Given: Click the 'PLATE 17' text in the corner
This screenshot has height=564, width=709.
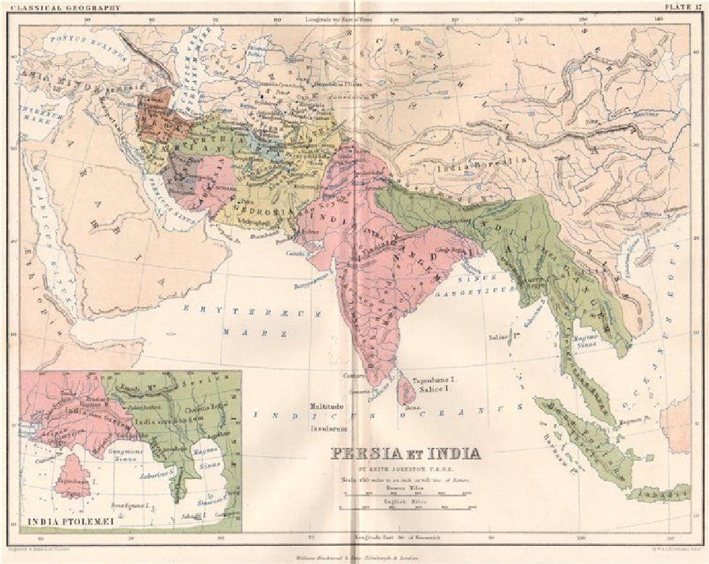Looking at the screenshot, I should click(x=685, y=8).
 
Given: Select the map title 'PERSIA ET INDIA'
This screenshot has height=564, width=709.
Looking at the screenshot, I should click(x=407, y=453).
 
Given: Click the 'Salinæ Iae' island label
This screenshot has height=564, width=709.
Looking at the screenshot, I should click(x=503, y=336).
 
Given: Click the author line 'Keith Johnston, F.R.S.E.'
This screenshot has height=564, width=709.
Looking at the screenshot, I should click(x=407, y=468).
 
